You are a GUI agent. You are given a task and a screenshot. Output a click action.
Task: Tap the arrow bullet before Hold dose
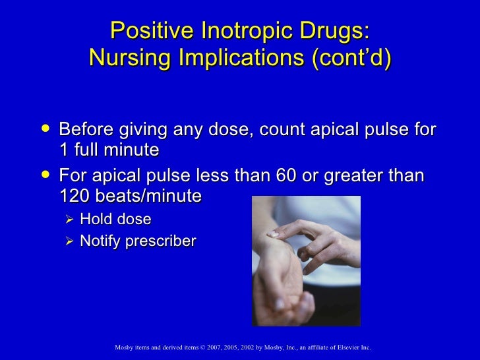pos(71,219)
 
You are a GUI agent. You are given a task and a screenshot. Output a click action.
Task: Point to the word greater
pos(359,177)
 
